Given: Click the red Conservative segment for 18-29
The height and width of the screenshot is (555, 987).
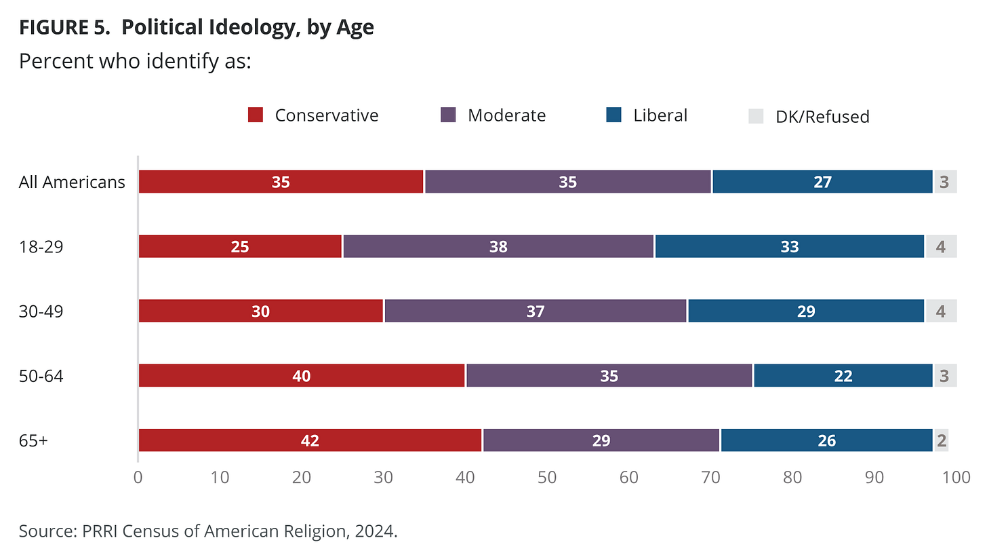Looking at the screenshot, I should click(x=240, y=246).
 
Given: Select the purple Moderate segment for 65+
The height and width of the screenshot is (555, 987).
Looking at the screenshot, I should click(x=601, y=440).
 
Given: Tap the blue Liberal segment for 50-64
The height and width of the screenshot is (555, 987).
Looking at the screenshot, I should click(x=843, y=376).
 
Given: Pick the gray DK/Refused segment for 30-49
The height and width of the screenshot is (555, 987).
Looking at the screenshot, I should click(x=940, y=311).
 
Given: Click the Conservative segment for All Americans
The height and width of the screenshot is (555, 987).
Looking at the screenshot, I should click(x=281, y=182).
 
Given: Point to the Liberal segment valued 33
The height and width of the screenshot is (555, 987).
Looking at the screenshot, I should click(x=789, y=246).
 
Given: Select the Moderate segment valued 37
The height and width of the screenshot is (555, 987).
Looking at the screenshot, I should click(x=536, y=311).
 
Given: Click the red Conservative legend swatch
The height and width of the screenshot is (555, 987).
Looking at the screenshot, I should click(x=256, y=115).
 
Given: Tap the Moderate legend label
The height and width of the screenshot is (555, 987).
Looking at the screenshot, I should click(x=506, y=115).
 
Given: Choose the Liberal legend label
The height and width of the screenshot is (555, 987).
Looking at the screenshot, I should click(x=660, y=115).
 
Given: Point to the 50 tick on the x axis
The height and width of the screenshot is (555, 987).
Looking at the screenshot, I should click(x=547, y=477).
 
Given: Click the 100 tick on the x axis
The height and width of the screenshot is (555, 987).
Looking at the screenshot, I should click(x=956, y=477).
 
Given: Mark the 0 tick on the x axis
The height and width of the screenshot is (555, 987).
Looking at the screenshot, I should click(x=138, y=477).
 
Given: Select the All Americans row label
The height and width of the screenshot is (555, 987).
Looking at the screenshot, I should click(x=72, y=182).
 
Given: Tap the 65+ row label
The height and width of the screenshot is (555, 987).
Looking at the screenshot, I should click(x=33, y=440).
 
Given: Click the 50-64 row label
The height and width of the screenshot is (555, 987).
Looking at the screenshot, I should click(x=41, y=376).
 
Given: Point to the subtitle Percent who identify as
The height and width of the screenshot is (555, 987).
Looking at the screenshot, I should click(x=135, y=61).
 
